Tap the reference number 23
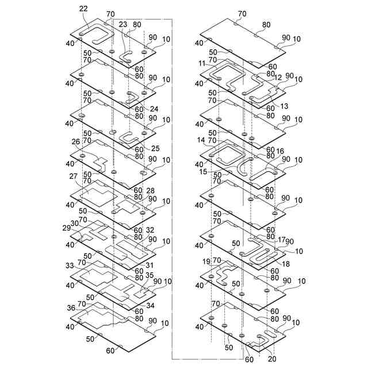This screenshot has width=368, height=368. point(123,25)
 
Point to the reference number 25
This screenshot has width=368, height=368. point(155,148)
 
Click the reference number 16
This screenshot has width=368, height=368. point(280,151)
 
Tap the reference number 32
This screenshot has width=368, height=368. point(151,230)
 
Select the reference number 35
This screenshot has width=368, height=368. point(149,275)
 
